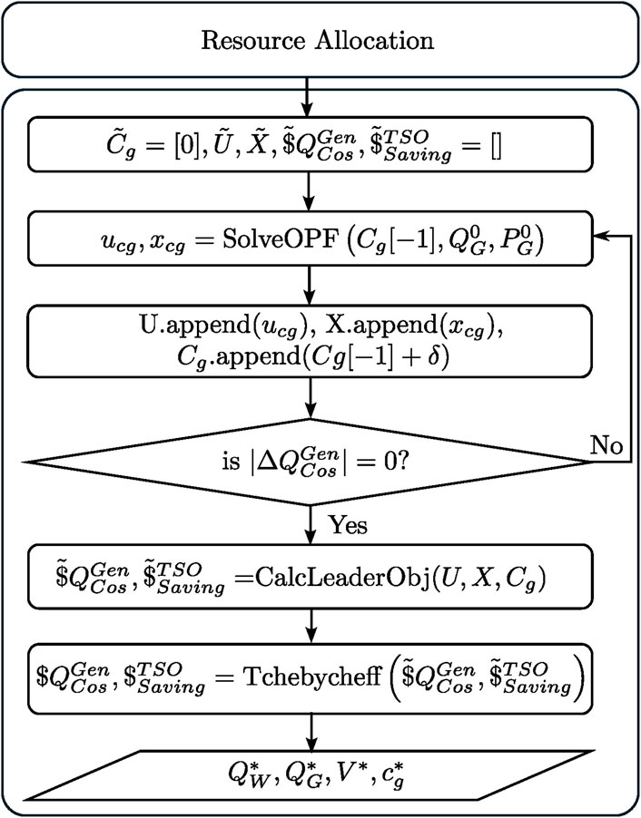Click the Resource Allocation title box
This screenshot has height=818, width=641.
pyautogui.click(x=317, y=41)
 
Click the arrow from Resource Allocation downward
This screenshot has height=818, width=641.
pyautogui.click(x=311, y=95)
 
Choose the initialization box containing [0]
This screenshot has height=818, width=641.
pyautogui.click(x=311, y=143)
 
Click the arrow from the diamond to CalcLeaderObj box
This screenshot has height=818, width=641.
pyautogui.click(x=311, y=531)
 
